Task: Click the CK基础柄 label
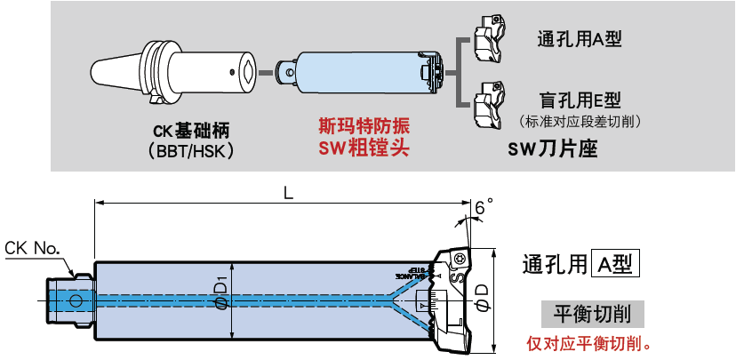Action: pos(191,131)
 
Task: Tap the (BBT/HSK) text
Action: pos(192,150)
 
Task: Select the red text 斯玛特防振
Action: pos(364,127)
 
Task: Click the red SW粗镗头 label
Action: pos(364,148)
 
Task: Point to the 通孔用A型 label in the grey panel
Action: pos(578,39)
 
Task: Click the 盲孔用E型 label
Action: pos(580,100)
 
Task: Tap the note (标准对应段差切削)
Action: pos(580,120)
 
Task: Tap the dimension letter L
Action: pos(287,192)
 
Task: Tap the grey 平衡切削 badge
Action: pos(593,314)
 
